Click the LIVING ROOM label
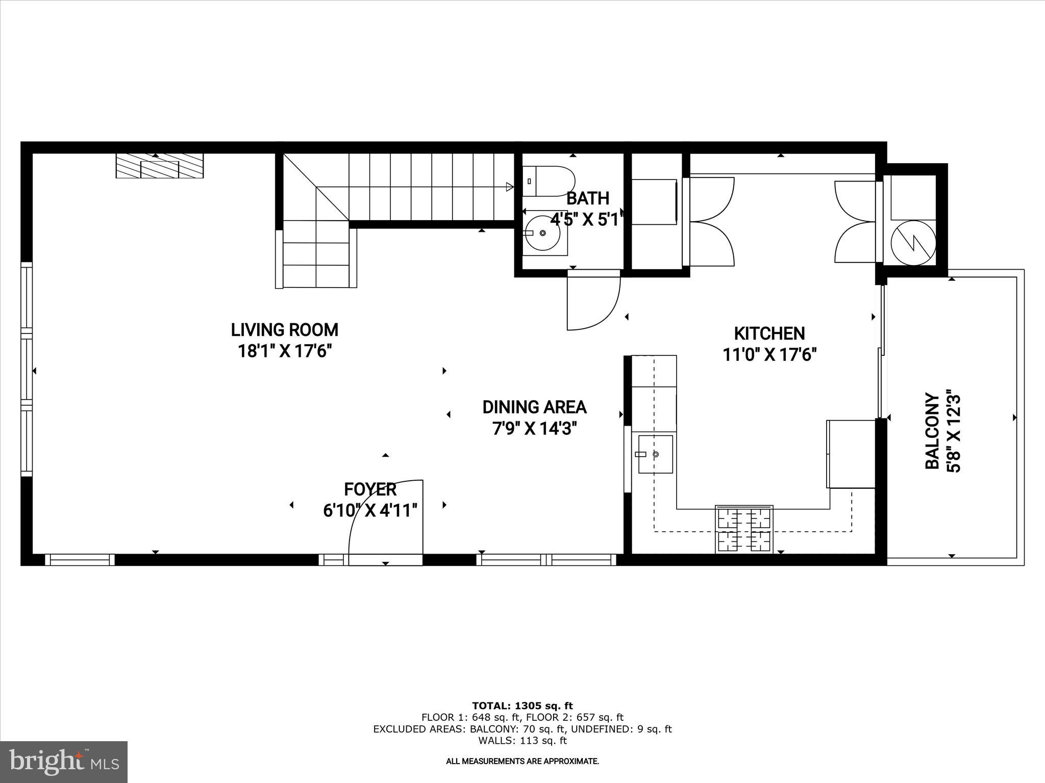point(284,330)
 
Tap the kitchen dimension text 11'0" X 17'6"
point(769,354)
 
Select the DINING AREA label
point(534,407)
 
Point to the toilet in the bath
point(548,181)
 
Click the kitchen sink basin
point(656,454)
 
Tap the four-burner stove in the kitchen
point(744,530)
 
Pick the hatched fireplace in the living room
point(159,166)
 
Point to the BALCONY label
point(932,431)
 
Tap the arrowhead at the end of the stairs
point(509,187)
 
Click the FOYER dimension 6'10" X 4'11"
point(370,510)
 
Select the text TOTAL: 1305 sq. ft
point(522,706)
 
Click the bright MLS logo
point(64,762)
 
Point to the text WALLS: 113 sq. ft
point(522,741)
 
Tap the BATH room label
point(587,198)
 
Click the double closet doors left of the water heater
point(855,222)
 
